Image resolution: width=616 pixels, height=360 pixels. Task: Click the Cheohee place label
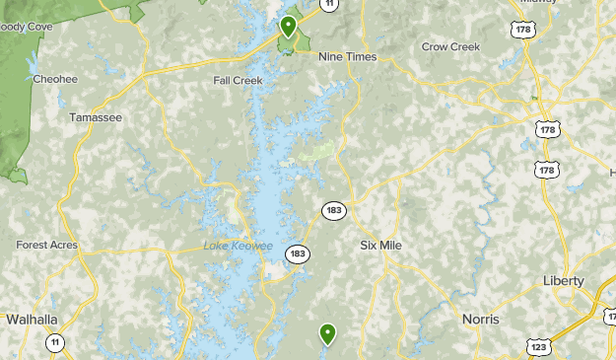coord(55,79)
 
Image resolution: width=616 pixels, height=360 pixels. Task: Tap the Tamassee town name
coord(96,117)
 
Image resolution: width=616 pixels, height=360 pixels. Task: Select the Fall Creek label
coord(238,82)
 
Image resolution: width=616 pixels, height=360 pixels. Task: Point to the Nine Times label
coord(348,57)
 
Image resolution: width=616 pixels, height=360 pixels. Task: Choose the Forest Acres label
coord(46,246)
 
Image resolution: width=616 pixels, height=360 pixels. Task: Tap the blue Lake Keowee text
coord(238,246)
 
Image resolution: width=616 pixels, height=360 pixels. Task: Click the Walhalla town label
coord(33,320)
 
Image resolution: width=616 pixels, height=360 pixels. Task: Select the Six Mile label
coord(382,245)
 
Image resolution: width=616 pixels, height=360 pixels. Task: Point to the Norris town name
coord(481,320)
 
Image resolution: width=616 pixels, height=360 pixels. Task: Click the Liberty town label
coord(564,281)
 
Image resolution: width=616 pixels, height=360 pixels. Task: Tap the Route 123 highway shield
coord(538,346)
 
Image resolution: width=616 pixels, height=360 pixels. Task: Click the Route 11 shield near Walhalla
coord(55,342)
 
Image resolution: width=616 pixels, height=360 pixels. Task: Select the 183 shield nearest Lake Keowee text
coord(298,254)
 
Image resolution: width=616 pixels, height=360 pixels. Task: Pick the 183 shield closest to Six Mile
coord(333,210)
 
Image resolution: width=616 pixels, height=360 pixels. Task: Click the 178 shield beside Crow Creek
coord(522,30)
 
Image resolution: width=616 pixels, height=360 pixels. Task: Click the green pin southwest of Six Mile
coord(327,334)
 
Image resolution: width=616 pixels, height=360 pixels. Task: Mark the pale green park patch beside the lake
coord(315,154)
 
